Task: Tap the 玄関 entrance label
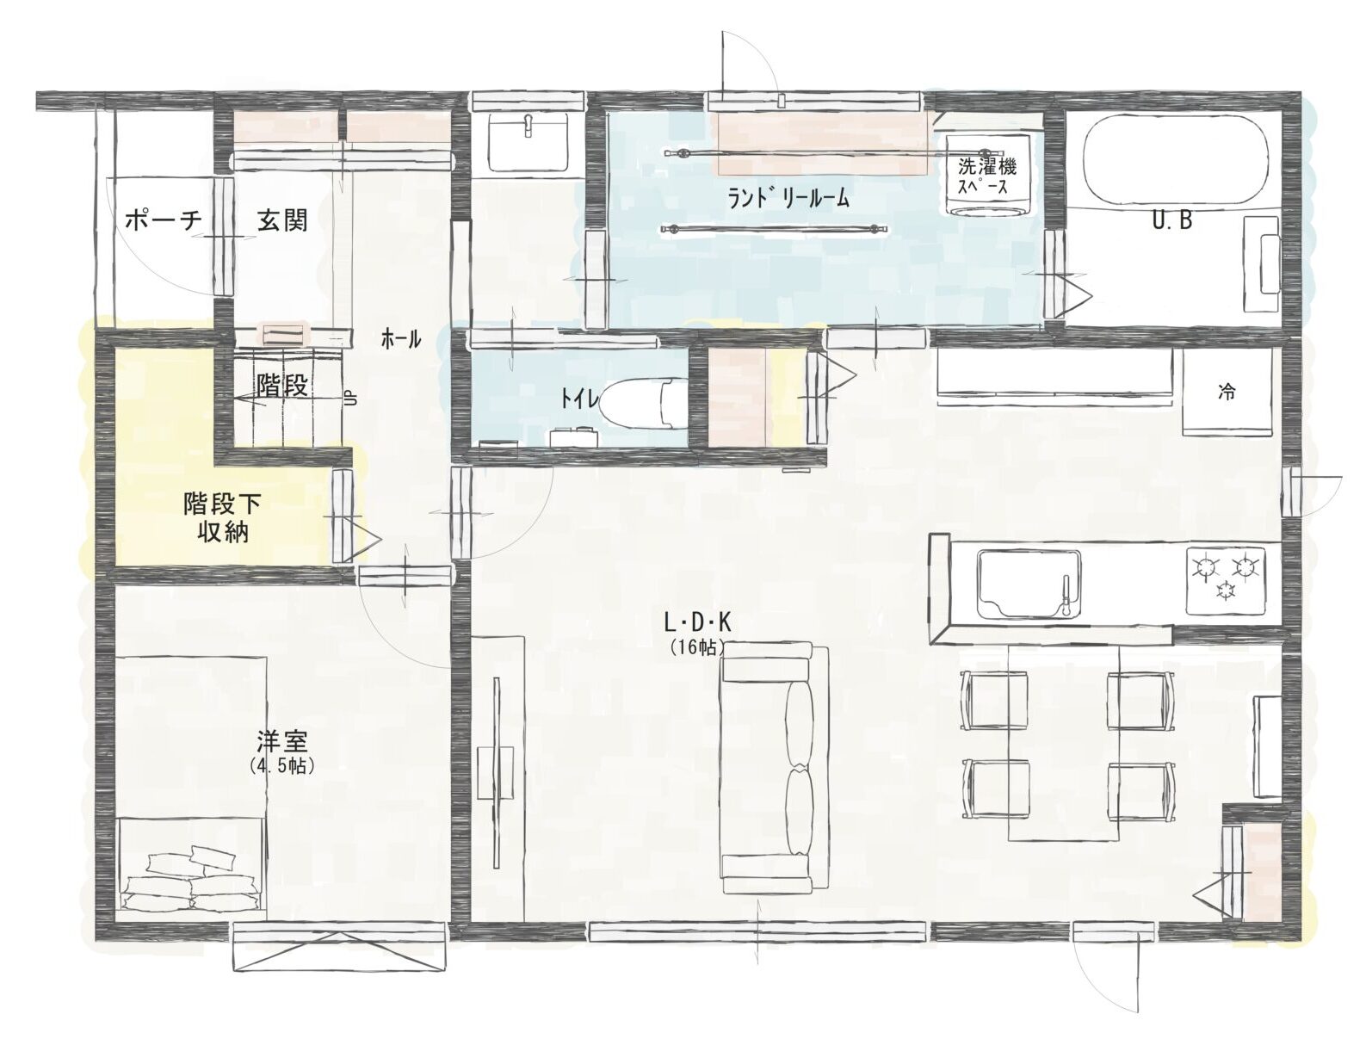(x=283, y=220)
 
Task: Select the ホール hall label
(x=401, y=340)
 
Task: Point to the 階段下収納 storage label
(x=222, y=518)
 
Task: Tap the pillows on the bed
(x=191, y=879)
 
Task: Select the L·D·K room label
(x=698, y=622)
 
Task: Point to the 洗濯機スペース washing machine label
(x=986, y=176)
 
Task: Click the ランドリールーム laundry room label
(x=788, y=198)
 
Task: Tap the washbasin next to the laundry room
(x=528, y=143)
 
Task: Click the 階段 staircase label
(x=283, y=386)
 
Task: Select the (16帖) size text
(x=697, y=648)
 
